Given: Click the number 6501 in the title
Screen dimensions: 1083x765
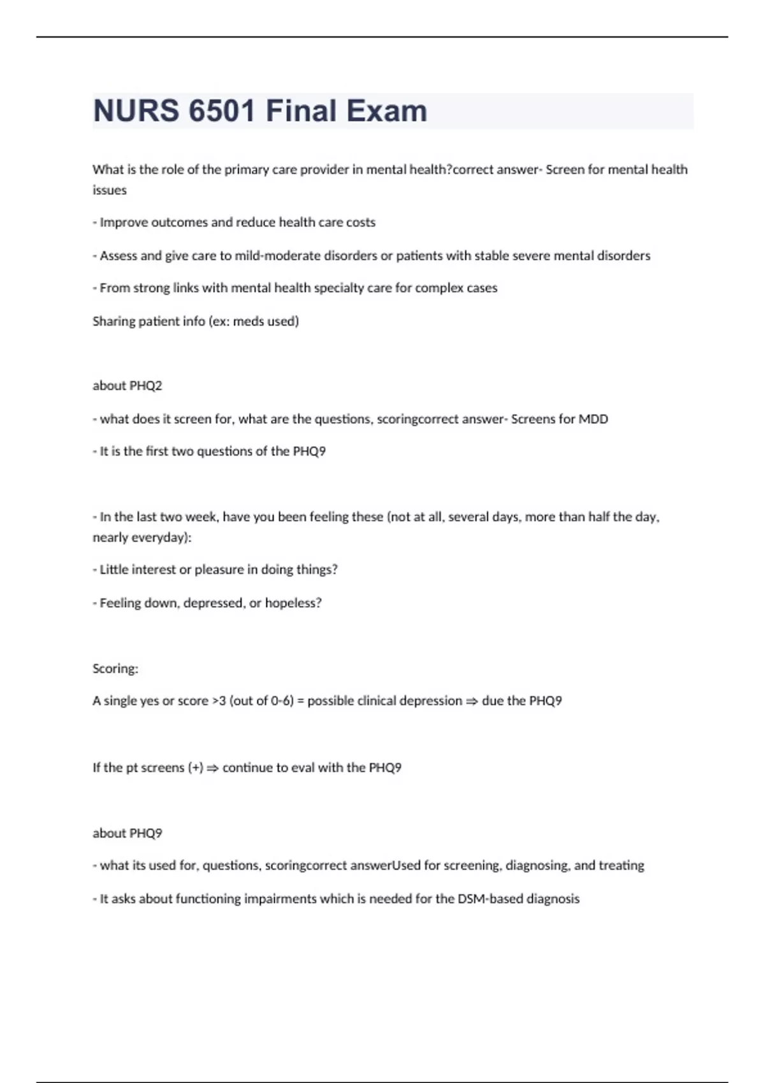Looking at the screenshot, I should pos(221,111).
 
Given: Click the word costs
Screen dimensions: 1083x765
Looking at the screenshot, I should pos(360,222).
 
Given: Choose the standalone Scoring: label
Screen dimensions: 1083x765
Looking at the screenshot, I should pos(115,668).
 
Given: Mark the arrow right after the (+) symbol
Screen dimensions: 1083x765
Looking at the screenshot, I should pos(212,768).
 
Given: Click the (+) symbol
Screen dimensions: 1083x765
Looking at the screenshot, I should pos(196,768).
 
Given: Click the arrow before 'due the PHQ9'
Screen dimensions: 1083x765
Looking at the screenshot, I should pos(472,701).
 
